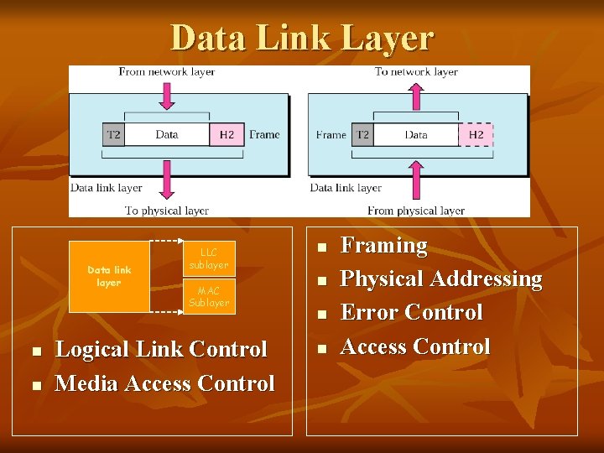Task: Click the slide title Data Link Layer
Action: pos(302,38)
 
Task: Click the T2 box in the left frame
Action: pos(113,134)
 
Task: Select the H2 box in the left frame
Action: pos(226,134)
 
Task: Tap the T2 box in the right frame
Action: pos(362,134)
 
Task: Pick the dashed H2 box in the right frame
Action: pos(476,134)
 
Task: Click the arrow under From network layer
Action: pos(167,96)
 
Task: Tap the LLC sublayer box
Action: pos(209,258)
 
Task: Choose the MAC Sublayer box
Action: pos(209,297)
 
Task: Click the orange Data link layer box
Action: pos(109,276)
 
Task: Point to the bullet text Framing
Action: pos(383,246)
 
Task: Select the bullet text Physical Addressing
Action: pos(441,279)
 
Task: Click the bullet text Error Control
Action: pos(411,312)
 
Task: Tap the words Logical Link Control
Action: pos(161,349)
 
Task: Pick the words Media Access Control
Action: pos(164,383)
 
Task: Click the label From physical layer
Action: pos(415,211)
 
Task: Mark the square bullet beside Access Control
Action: pos(320,348)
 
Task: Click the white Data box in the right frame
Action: pos(416,134)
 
